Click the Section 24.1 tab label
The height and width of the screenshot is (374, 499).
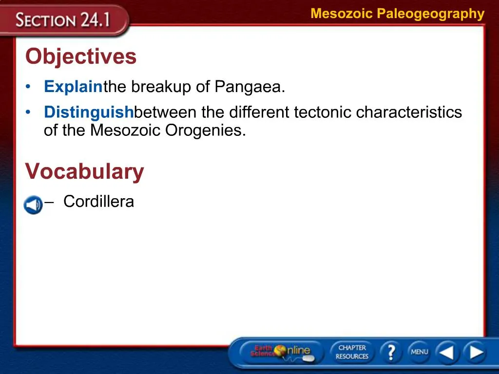[63, 20]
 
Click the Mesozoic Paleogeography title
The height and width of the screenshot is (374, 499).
[398, 14]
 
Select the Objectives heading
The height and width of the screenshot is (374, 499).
[81, 56]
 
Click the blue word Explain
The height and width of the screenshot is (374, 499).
[73, 87]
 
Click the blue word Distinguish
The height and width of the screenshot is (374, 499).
[89, 112]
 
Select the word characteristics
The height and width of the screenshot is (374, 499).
[409, 112]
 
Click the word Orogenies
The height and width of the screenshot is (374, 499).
[206, 131]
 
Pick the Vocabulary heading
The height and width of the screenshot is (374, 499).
[85, 171]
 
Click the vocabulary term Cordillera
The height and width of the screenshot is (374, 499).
[98, 201]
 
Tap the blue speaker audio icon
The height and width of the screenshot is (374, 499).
[33, 205]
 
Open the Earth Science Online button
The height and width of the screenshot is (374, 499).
[282, 353]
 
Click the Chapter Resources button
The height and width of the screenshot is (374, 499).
[352, 352]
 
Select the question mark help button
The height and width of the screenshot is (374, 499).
[391, 352]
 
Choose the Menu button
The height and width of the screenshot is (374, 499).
[419, 352]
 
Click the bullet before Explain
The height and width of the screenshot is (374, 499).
[28, 87]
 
